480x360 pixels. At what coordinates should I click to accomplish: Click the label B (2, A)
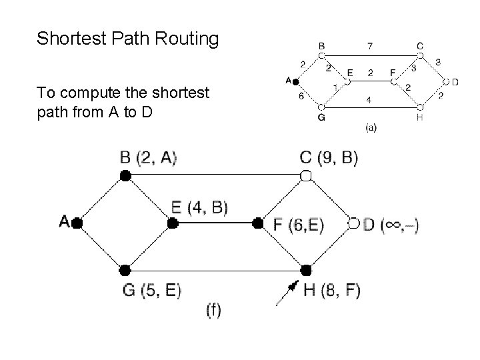click(x=148, y=158)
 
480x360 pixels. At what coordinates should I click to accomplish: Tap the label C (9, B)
click(x=329, y=158)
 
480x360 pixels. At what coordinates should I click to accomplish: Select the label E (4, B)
click(x=199, y=208)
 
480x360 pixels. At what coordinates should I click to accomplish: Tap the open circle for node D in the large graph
click(x=354, y=223)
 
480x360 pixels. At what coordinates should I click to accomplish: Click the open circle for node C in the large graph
click(x=306, y=175)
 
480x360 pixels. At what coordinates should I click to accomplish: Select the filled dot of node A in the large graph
click(x=77, y=223)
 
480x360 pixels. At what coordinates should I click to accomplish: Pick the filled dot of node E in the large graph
click(x=172, y=223)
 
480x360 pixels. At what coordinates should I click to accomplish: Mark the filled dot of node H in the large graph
click(x=306, y=270)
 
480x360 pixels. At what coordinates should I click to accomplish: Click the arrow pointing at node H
click(x=287, y=292)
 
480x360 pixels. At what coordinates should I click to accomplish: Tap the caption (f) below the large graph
click(x=214, y=311)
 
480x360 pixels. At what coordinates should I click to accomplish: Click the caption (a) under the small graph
click(x=371, y=128)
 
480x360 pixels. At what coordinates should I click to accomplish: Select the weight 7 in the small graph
click(x=371, y=46)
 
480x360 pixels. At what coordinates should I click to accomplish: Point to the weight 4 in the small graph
click(x=369, y=101)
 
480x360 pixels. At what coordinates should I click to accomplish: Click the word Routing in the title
click(x=188, y=39)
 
